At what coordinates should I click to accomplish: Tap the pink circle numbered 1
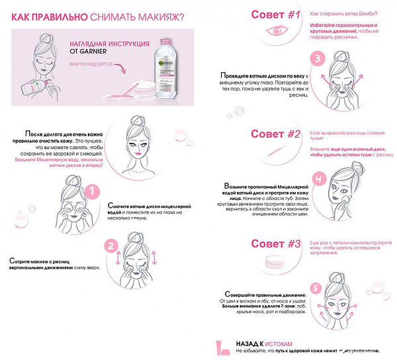click(x=94, y=191)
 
